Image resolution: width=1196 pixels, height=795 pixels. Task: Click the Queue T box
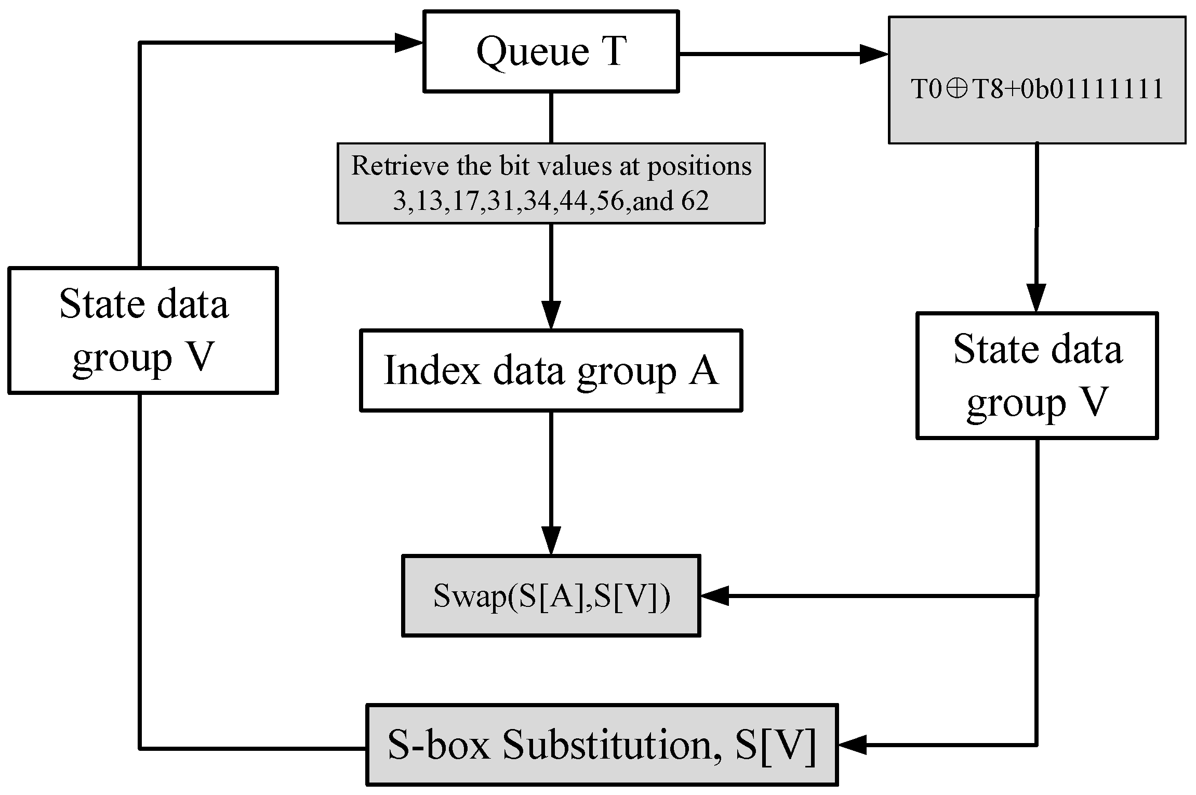tap(551, 51)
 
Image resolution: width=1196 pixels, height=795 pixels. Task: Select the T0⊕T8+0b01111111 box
tap(1036, 81)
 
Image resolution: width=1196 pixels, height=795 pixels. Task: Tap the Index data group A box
tap(551, 370)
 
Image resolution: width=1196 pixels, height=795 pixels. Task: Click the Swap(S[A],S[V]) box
tap(551, 595)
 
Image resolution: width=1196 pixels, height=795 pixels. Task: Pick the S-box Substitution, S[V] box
tap(602, 745)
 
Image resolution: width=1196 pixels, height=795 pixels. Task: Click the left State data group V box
tap(143, 330)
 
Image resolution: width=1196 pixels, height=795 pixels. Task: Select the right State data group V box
tap(1037, 375)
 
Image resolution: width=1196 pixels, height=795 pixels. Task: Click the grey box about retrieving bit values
tap(551, 183)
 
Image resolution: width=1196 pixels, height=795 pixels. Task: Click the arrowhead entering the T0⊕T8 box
tap(874, 54)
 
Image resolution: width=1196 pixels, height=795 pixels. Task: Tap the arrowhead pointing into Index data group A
tap(551, 315)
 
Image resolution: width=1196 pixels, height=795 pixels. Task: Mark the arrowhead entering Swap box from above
tap(551, 540)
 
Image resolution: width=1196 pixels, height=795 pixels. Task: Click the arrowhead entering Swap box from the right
tap(715, 595)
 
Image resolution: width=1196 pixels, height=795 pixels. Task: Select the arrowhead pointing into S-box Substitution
tap(852, 745)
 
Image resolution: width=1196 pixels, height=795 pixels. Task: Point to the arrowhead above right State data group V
tap(1037, 298)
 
